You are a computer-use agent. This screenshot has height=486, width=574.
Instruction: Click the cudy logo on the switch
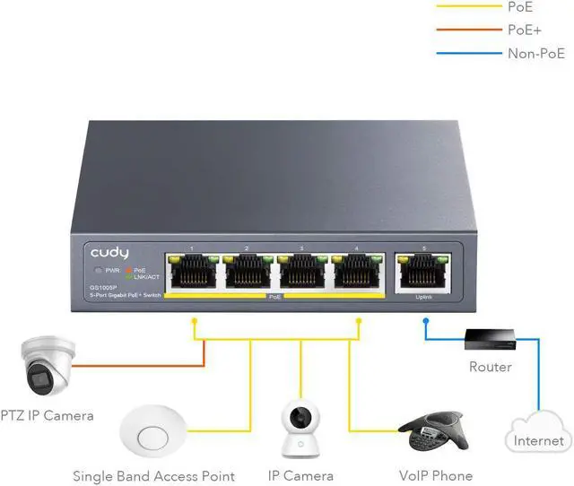click(x=109, y=254)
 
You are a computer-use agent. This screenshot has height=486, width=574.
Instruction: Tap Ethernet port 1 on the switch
click(x=192, y=271)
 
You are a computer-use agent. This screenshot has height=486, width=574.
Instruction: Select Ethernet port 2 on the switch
click(x=247, y=271)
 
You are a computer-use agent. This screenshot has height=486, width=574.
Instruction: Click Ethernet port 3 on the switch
click(x=302, y=271)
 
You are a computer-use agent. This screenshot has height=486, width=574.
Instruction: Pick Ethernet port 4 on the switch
click(x=357, y=271)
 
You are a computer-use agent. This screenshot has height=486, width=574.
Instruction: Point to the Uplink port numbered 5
click(x=420, y=271)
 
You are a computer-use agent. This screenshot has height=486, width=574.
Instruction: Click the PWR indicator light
click(x=99, y=270)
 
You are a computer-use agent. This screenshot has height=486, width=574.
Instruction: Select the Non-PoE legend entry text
click(x=536, y=53)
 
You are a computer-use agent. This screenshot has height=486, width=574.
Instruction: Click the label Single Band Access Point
click(x=153, y=476)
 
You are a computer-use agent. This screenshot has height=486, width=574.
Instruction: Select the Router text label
click(x=491, y=367)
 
